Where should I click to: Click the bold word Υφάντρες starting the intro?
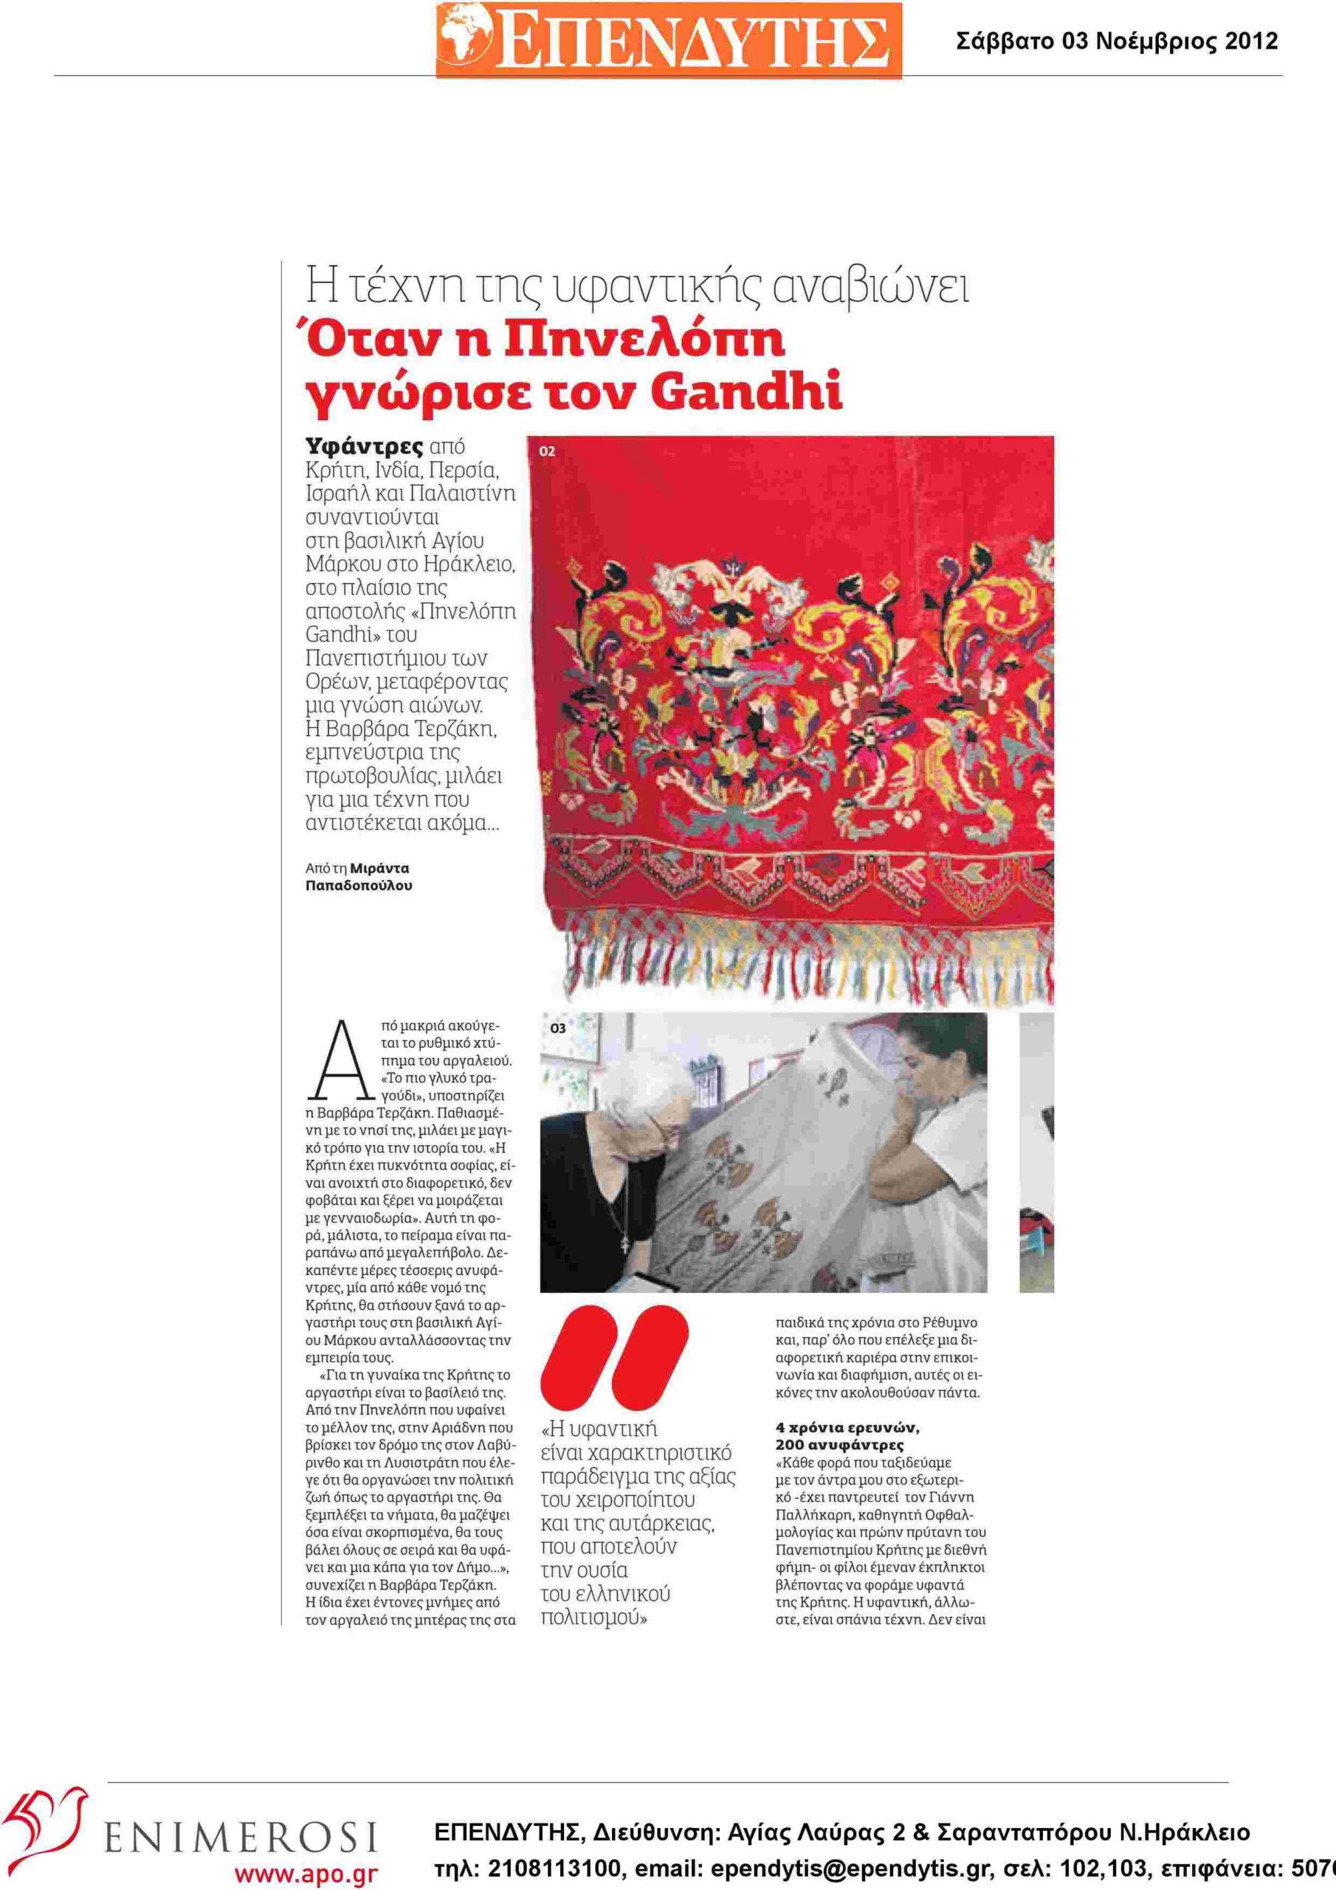tap(365, 447)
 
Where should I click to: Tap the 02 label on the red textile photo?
tap(548, 451)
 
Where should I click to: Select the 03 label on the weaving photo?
tap(557, 1028)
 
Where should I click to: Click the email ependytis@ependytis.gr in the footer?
tap(850, 1869)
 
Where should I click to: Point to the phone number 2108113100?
tap(555, 1869)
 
